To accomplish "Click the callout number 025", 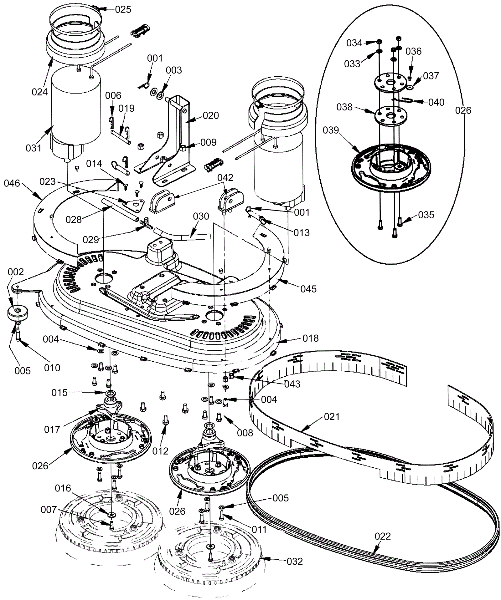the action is [x=123, y=9].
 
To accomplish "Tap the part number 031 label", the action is [x=34, y=148].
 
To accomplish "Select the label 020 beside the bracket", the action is [x=211, y=116].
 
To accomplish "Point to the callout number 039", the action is [x=331, y=130].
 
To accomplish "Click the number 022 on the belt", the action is [x=383, y=536].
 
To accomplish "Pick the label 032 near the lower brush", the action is [x=295, y=562].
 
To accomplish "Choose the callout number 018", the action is [x=311, y=338].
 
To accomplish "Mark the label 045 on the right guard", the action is [x=308, y=289].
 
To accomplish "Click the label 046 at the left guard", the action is [x=12, y=183].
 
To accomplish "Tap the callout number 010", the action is [x=52, y=368].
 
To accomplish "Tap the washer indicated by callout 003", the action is [x=161, y=94].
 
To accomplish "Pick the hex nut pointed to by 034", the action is [x=379, y=41].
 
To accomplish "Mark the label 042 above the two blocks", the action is [x=225, y=178].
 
